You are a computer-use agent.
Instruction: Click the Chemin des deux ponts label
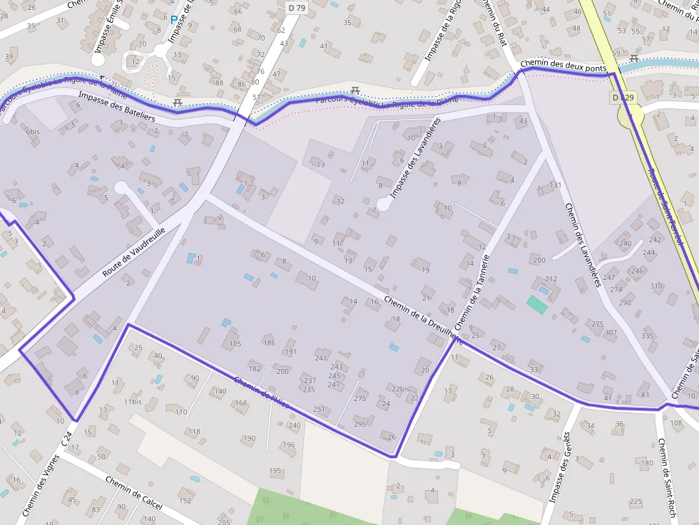[x=563, y=65]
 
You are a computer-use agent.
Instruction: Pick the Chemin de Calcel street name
[x=133, y=492]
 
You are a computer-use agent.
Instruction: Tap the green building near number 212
[x=537, y=305]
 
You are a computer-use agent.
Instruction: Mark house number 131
[x=556, y=185]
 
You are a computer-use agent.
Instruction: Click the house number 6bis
[x=33, y=131]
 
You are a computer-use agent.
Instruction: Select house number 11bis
[x=133, y=402]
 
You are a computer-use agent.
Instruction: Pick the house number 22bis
[x=401, y=388]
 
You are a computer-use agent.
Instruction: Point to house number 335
[x=648, y=336]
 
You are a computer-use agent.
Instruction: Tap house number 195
[x=275, y=471]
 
